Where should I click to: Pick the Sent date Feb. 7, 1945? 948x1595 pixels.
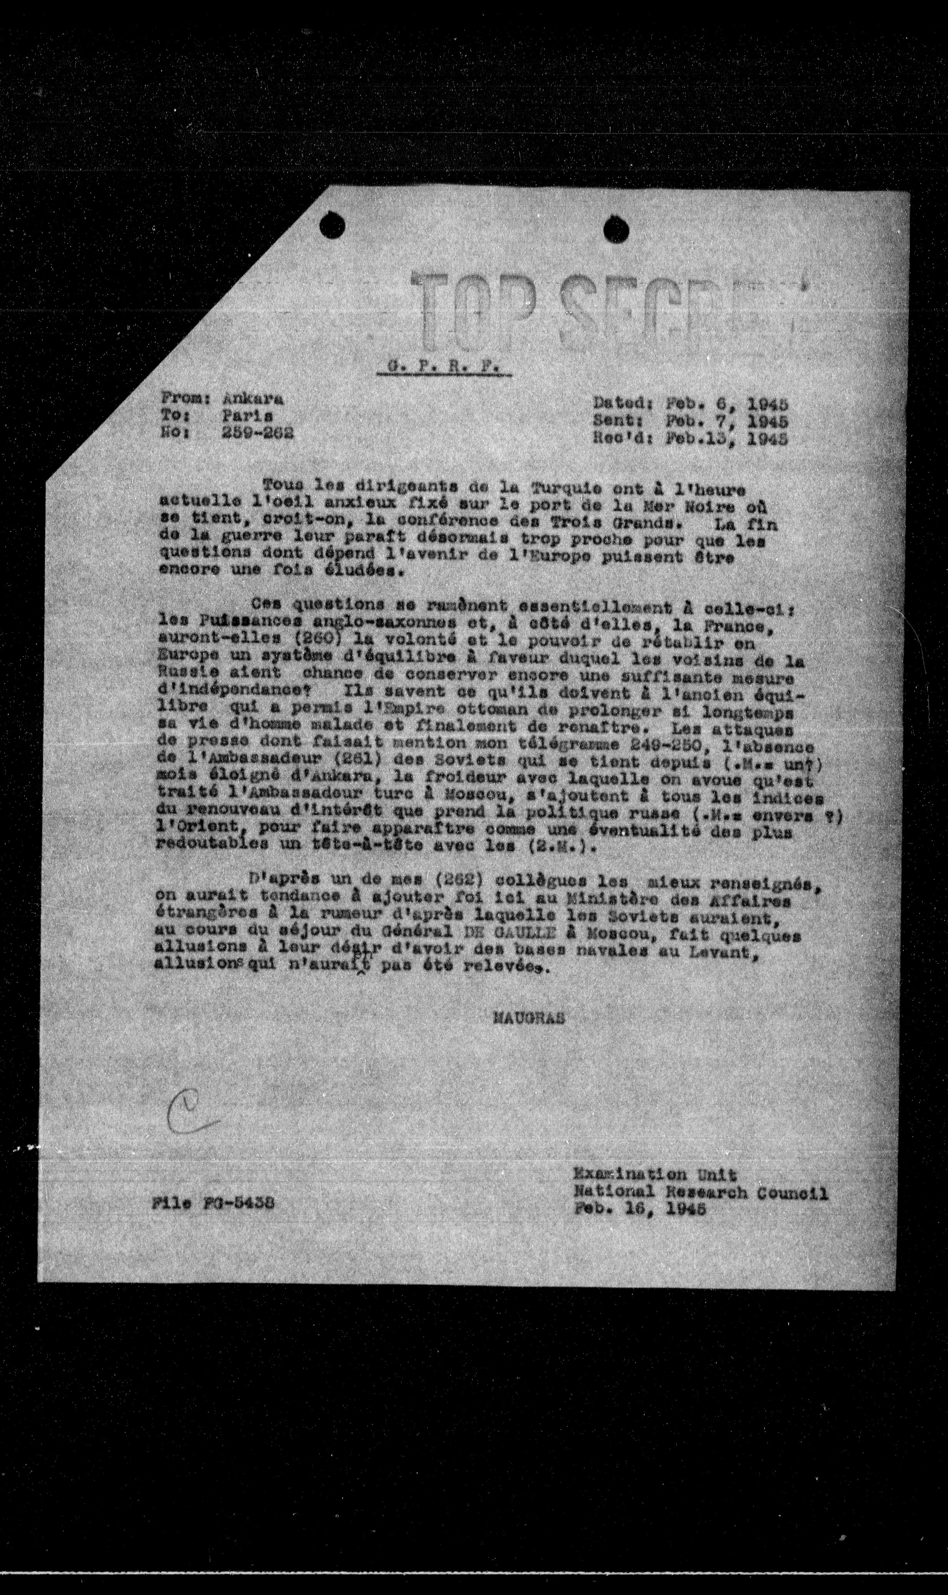tap(726, 421)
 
